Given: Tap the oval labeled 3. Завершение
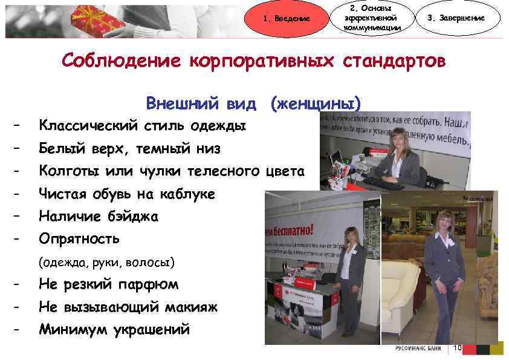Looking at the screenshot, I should [464, 18].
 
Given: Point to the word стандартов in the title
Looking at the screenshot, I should [395, 62].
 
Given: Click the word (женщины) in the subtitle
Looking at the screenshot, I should [316, 103].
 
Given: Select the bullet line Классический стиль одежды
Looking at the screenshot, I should [142, 126].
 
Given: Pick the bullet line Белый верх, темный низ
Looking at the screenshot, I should [129, 148].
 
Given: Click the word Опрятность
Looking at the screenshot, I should [79, 238].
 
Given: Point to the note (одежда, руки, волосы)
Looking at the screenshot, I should [106, 263].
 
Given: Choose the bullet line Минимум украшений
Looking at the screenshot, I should [114, 330].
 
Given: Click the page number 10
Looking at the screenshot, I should [457, 349].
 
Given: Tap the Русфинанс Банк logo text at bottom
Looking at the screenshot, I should [418, 349].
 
